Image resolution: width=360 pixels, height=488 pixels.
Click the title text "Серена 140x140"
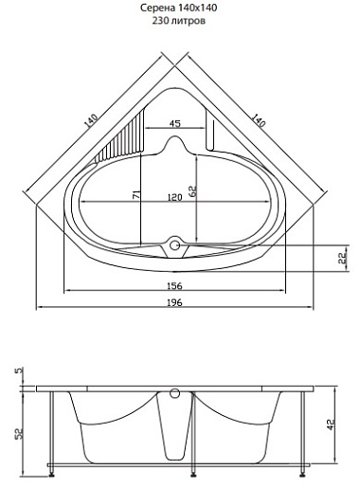coord(179,8)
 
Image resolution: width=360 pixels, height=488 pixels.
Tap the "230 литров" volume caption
coord(179,21)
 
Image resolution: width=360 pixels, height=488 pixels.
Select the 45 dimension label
coord(174,123)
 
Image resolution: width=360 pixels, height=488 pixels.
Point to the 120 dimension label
coord(174,197)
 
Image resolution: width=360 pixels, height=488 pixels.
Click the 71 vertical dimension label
coord(136,195)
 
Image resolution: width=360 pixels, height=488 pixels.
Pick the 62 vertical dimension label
coord(192,190)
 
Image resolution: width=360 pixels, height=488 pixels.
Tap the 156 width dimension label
coord(174,285)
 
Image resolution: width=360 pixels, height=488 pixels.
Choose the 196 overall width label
coord(174,302)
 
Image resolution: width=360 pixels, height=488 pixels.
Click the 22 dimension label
coord(342,258)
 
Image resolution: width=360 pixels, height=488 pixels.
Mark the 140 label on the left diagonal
coord(91,120)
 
